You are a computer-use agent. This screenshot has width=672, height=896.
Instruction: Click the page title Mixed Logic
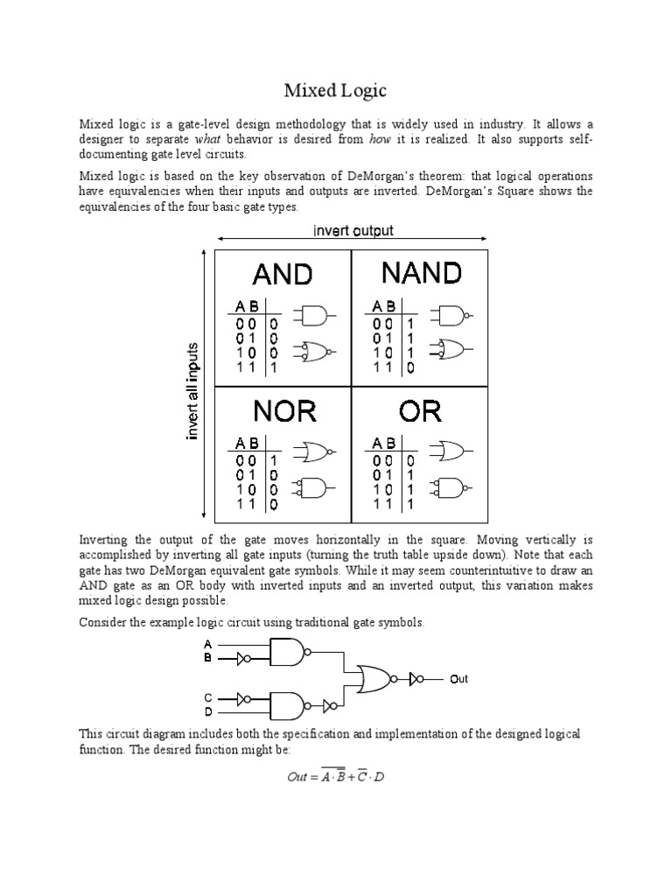(336, 89)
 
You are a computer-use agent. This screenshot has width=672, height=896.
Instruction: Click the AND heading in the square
(282, 275)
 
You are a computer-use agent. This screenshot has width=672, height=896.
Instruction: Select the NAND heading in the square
(421, 273)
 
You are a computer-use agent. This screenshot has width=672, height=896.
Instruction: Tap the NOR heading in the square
(284, 411)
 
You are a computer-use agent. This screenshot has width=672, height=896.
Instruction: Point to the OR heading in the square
(420, 411)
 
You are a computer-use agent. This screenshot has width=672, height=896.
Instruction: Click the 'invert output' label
(353, 231)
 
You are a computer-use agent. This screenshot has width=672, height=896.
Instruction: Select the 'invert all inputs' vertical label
(193, 391)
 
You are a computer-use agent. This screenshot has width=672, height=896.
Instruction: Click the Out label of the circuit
(459, 678)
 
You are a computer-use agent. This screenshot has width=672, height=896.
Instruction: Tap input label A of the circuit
(208, 643)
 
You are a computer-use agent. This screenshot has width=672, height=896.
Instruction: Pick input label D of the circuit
(208, 711)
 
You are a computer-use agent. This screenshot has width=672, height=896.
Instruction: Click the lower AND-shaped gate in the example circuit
(288, 703)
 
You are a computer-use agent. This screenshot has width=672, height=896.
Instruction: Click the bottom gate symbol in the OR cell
(451, 486)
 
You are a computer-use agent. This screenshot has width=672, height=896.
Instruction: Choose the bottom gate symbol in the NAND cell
(452, 350)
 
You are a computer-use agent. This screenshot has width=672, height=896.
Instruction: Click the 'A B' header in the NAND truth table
(384, 306)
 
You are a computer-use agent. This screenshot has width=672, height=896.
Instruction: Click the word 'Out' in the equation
(298, 777)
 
